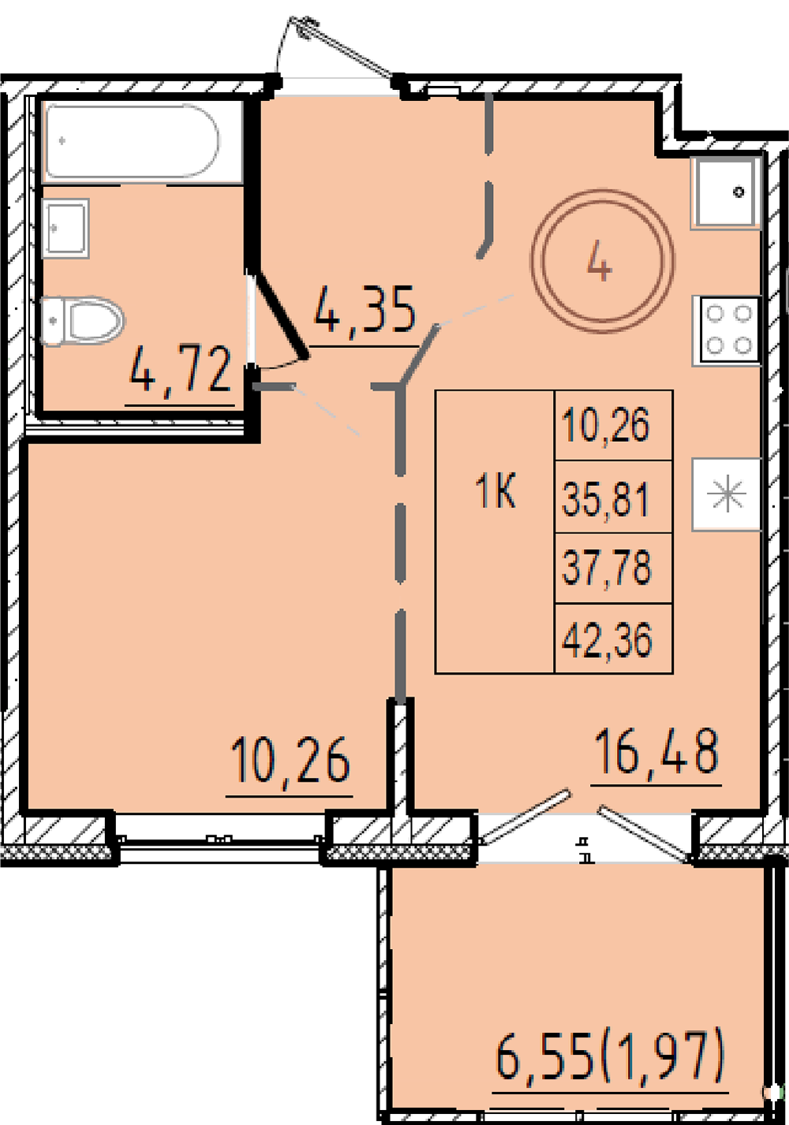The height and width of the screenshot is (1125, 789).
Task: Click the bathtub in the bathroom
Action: pos(132,141)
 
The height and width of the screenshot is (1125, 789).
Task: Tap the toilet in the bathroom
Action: pos(82,320)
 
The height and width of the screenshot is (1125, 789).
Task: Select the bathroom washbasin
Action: pos(65,229)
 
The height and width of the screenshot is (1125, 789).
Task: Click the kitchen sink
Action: pos(726,192)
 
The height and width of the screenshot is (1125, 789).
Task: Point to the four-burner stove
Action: pos(727,330)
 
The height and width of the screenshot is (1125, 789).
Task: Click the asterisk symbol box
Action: pos(726,494)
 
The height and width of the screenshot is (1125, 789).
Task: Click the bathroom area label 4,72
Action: pos(181,370)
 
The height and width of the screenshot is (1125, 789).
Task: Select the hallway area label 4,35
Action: pos(365,310)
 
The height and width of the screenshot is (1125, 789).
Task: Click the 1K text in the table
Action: pos(495,493)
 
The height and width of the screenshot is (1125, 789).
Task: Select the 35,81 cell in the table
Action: pos(606,499)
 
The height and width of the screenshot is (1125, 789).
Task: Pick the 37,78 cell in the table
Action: pos(606,567)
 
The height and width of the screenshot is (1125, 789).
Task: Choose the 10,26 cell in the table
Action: pos(606,425)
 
